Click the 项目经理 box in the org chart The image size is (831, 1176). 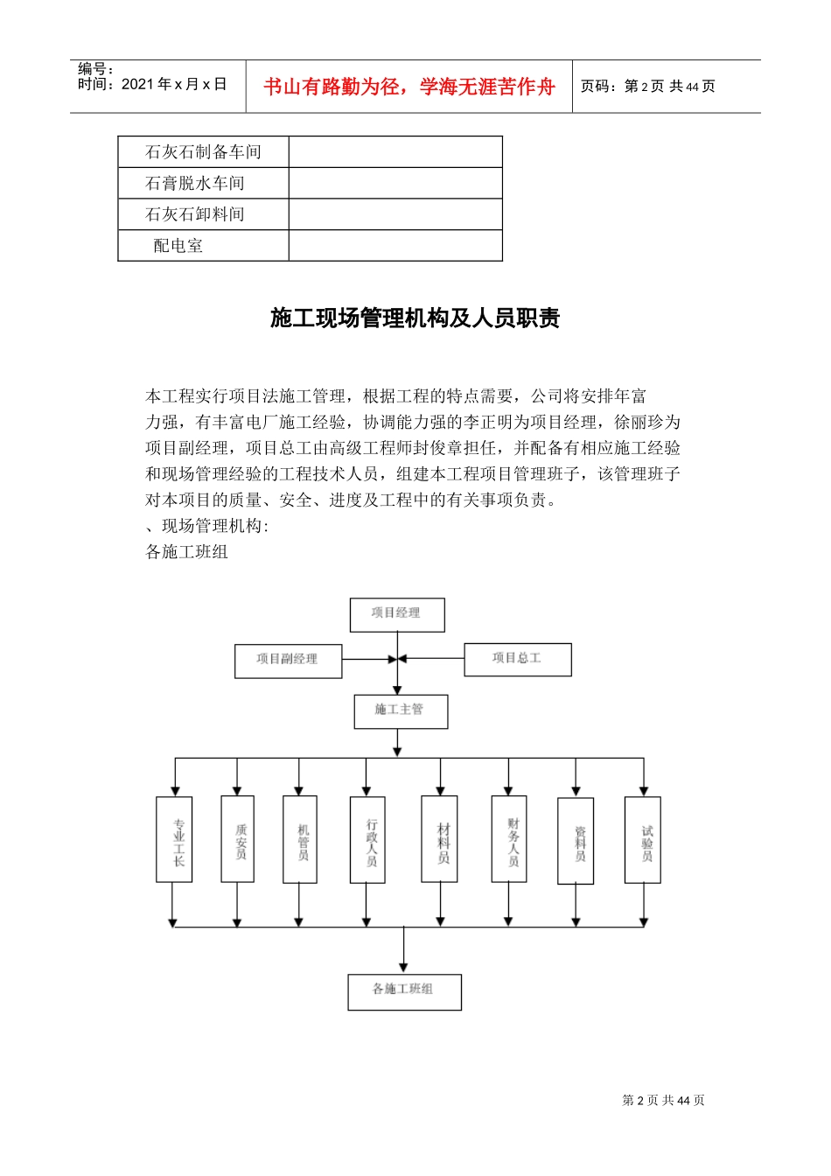[x=397, y=614]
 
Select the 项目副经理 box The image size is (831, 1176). [x=288, y=660]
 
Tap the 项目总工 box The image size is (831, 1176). [x=517, y=659]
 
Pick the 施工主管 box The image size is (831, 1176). [x=401, y=710]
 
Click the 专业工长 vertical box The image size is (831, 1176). [x=174, y=839]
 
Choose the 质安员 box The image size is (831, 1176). [x=238, y=839]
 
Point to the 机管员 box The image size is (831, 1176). [x=300, y=839]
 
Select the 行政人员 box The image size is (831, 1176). [x=367, y=839]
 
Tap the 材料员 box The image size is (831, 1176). [x=439, y=839]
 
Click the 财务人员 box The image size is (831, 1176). [x=509, y=839]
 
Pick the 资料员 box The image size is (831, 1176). [x=576, y=840]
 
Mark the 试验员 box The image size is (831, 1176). [x=643, y=840]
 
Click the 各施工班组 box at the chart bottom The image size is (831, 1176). [x=404, y=991]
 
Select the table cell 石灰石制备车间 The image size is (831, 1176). [x=203, y=152]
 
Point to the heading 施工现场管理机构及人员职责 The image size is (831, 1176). [x=415, y=318]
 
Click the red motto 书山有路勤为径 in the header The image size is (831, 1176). [x=409, y=87]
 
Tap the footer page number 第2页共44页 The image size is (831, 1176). [x=663, y=1101]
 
